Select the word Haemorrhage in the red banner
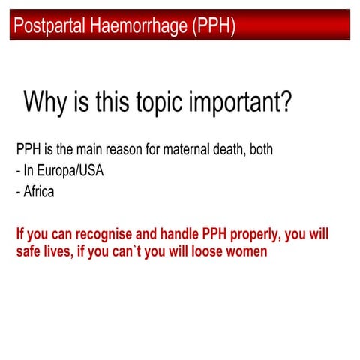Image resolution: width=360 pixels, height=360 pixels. [x=133, y=27]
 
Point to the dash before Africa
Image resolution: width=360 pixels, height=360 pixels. [x=18, y=192]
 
